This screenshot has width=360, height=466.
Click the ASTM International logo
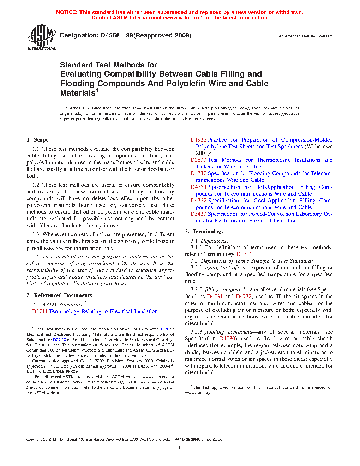pyautogui.click(x=41, y=37)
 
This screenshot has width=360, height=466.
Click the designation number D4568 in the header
pyautogui.click(x=110, y=35)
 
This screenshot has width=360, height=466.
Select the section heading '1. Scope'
pyautogui.click(x=37, y=140)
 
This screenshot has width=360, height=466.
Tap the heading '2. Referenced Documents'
pyautogui.click(x=59, y=295)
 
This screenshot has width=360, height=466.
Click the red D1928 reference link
pyautogui.click(x=198, y=140)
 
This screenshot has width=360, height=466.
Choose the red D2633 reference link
pyautogui.click(x=198, y=160)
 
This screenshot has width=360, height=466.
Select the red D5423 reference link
pyautogui.click(x=198, y=214)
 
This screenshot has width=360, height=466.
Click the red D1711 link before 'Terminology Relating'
pyautogui.click(x=40, y=311)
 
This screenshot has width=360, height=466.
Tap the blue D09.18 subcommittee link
pyautogui.click(x=59, y=340)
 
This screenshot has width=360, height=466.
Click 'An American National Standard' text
pyautogui.click(x=306, y=36)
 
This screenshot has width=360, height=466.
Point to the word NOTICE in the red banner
pyautogui.click(x=67, y=12)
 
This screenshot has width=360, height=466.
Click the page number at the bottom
pyautogui.click(x=180, y=448)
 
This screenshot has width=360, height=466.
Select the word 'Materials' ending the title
pyautogui.click(x=78, y=93)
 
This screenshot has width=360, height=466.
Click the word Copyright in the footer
pyautogui.click(x=34, y=440)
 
